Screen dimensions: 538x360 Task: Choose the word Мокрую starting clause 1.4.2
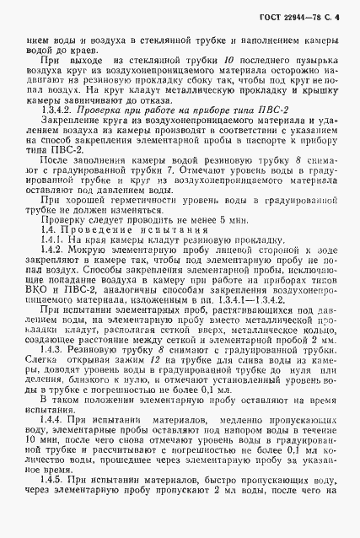[x=89, y=277]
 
